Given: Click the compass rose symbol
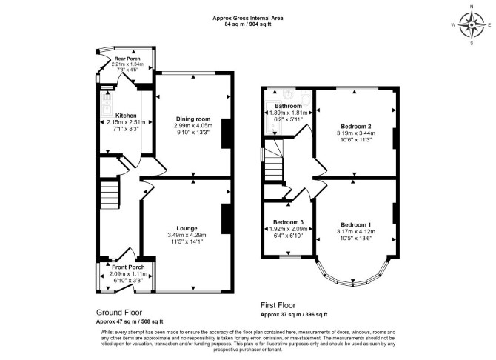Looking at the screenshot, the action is [472, 24].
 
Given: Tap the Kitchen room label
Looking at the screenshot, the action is [126, 116].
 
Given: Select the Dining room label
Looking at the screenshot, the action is [193, 119].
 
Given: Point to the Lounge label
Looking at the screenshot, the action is [187, 228].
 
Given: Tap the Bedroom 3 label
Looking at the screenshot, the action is [288, 222].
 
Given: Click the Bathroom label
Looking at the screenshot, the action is [288, 106].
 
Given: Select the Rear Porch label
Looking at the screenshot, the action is [127, 59].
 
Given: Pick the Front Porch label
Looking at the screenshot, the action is [128, 267].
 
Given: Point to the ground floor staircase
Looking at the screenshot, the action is [110, 195].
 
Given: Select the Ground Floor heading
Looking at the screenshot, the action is [119, 313].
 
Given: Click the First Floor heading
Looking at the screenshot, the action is [278, 305].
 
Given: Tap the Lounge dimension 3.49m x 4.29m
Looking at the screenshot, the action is [187, 236].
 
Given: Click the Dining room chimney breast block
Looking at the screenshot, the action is [226, 133].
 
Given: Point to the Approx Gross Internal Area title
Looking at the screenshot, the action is [248, 18].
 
